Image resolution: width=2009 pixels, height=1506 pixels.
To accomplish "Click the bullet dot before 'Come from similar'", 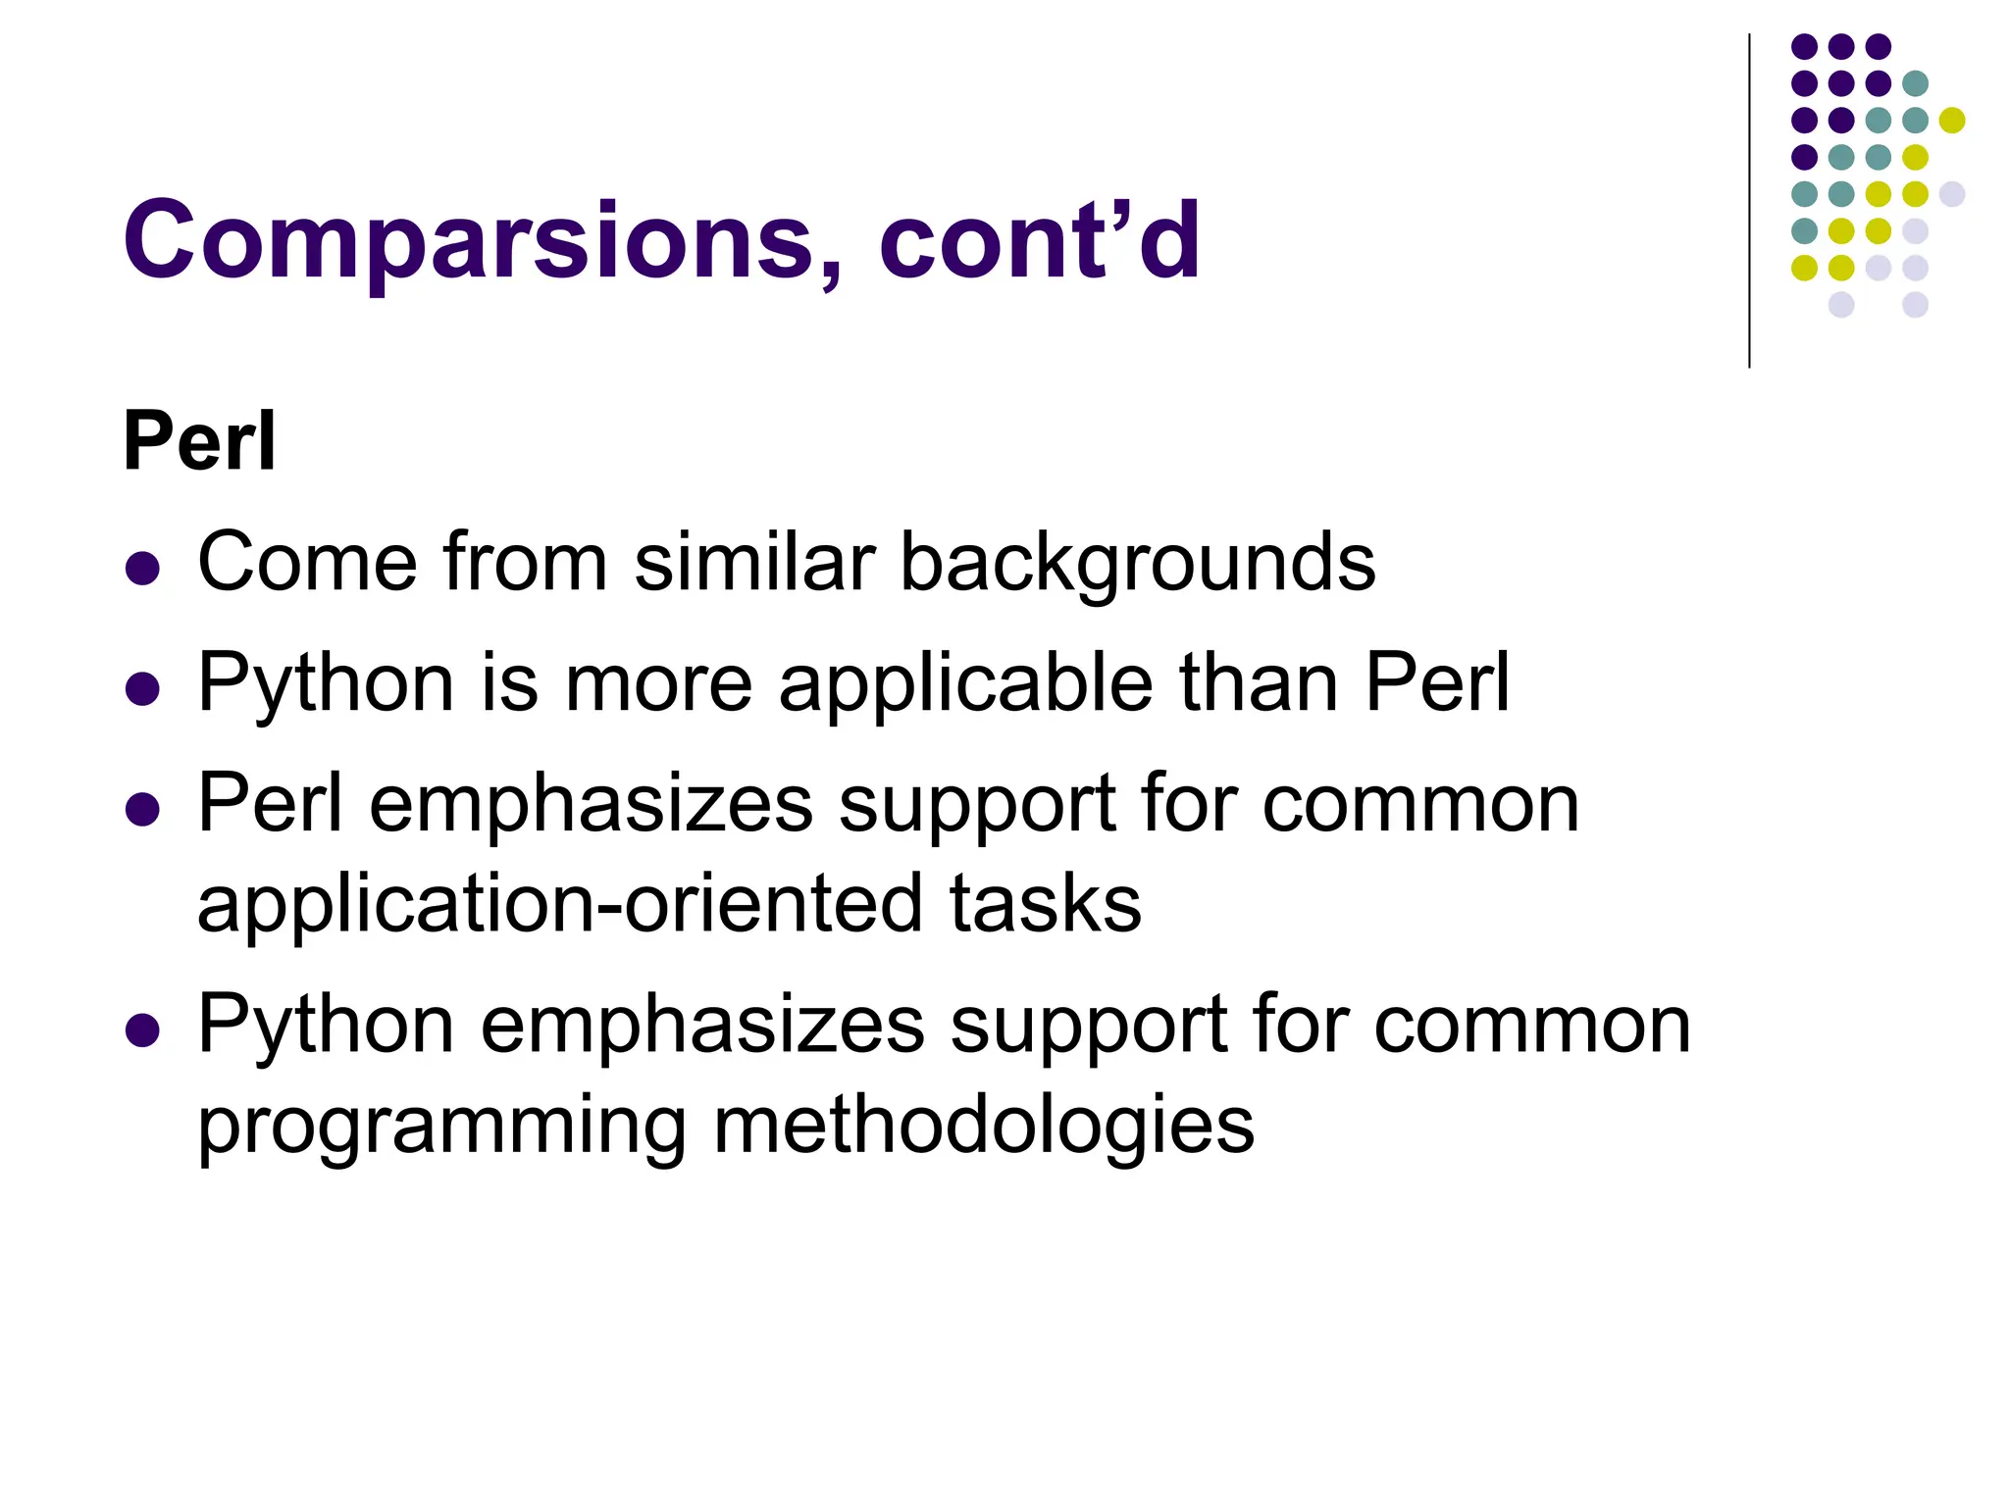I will [143, 569].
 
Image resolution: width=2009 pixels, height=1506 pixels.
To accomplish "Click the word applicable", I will [965, 683].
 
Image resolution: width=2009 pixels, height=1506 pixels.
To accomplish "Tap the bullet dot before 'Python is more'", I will [143, 689].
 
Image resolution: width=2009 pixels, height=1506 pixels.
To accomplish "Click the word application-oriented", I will [559, 904].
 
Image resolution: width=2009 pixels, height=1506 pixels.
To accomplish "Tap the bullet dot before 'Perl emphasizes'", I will [143, 810].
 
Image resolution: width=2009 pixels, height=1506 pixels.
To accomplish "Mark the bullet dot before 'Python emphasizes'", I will [143, 1030].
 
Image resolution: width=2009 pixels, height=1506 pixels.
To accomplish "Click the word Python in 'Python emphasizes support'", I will [326, 1026].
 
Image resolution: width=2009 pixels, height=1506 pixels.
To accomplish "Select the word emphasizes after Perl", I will [591, 805].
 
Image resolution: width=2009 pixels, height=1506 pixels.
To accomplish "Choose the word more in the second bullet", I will [658, 683].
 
